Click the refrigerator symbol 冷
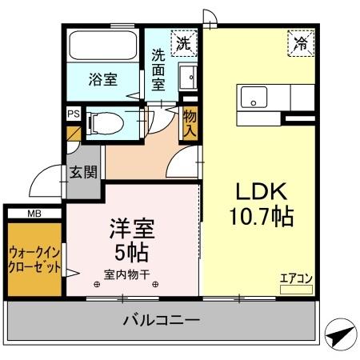[x=302, y=41]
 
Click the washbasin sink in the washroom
[x=187, y=78]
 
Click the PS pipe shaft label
[x=73, y=114]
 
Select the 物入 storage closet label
[x=190, y=122]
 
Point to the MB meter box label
[x=34, y=213]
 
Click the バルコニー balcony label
[x=161, y=321]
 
